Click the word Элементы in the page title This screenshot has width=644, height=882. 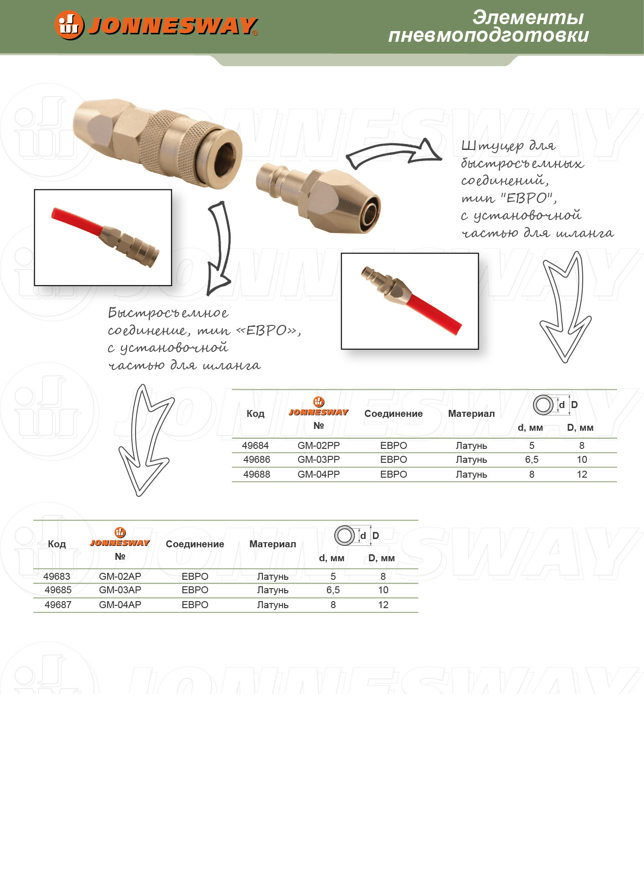tap(528, 17)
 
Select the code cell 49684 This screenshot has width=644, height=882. tap(255, 446)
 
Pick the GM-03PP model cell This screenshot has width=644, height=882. tap(319, 460)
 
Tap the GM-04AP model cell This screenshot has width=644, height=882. tap(120, 605)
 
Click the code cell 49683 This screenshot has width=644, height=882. tap(57, 577)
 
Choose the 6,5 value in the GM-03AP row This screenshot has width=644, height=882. tap(333, 590)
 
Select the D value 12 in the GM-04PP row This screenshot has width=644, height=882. tap(582, 474)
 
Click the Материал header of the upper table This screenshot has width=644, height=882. tap(471, 414)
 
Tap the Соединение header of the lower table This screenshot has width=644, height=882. tap(195, 544)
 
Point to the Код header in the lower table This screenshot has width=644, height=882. tap(57, 544)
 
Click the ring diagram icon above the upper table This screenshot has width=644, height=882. tap(543, 405)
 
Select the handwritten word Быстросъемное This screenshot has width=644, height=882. tap(168, 313)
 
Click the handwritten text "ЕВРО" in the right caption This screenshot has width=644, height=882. tap(528, 198)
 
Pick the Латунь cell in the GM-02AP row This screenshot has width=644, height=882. tap(273, 577)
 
